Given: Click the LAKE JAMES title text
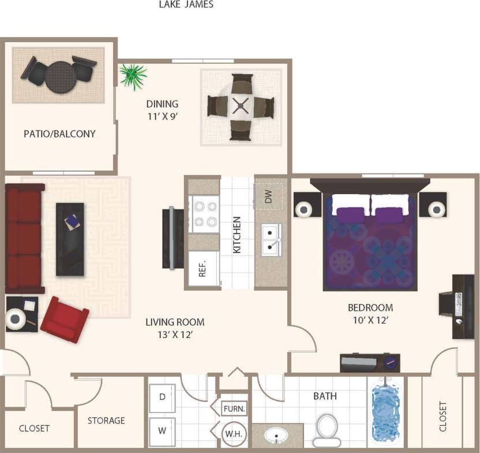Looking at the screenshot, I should [x=186, y=5].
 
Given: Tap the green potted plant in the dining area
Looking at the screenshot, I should [x=133, y=76].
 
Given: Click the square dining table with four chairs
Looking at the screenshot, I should [x=241, y=107].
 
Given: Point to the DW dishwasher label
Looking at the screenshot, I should [x=268, y=197].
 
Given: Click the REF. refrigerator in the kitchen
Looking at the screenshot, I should [x=203, y=269].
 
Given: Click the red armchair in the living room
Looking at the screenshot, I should [x=65, y=320].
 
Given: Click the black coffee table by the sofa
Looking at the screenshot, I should [x=70, y=239].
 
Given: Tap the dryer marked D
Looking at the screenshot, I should [x=162, y=397].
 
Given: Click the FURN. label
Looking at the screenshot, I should [x=234, y=409].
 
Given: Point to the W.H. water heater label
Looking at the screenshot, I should [x=234, y=432].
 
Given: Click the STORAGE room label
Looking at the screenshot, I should [x=106, y=420].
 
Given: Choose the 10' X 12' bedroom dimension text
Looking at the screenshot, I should [x=370, y=320].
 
